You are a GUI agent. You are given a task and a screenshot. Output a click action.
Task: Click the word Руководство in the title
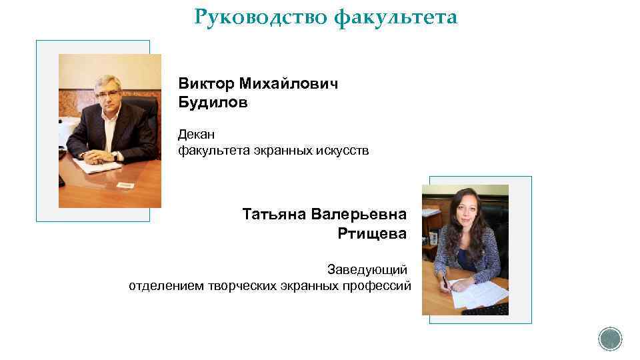[x=261, y=17]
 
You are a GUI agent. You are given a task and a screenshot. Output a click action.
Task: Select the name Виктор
[x=205, y=84]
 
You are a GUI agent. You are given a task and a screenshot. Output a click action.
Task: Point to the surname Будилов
[x=213, y=103]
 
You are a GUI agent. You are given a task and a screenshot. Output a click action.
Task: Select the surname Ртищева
[x=371, y=233]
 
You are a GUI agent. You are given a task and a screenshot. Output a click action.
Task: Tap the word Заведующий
[x=367, y=270]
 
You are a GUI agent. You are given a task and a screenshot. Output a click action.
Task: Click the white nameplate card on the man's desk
[x=125, y=184]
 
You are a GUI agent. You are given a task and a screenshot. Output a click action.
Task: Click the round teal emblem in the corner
[x=610, y=339]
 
